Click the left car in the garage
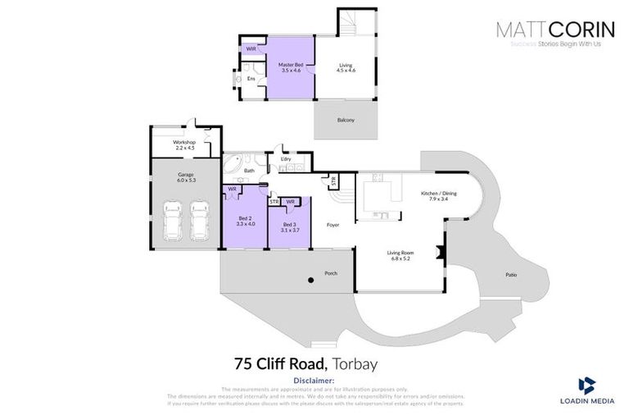click(x=173, y=219)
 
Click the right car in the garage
click(x=199, y=219)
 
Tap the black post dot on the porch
click(x=310, y=281)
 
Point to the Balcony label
click(x=346, y=121)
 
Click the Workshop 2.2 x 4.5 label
click(x=183, y=144)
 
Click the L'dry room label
click(x=286, y=158)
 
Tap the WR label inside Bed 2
click(x=232, y=189)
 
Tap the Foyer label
click(x=333, y=224)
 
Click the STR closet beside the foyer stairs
click(x=333, y=180)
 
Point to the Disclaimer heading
click(x=314, y=381)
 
